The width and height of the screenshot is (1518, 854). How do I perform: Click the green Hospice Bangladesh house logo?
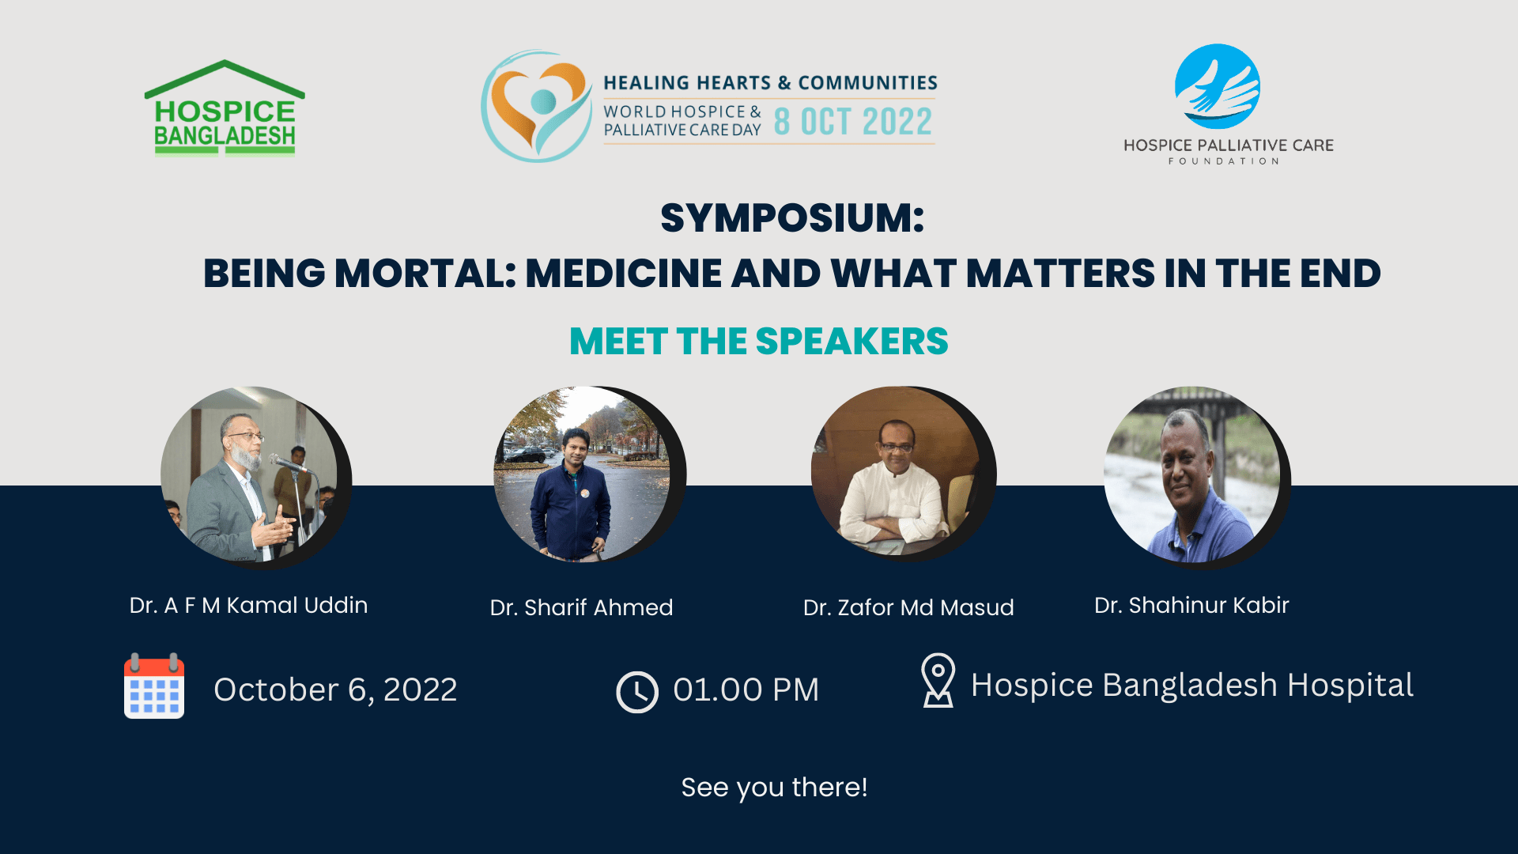tap(225, 108)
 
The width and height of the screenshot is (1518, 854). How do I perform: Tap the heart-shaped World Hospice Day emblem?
tap(537, 106)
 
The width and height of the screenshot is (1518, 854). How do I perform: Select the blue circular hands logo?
tap(1218, 86)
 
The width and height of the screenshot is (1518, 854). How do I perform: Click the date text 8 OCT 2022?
tap(853, 122)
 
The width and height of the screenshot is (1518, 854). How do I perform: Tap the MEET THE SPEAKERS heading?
tap(759, 342)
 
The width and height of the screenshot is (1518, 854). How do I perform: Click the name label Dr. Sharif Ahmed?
tap(581, 607)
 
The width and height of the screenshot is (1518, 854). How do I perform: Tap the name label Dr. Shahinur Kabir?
tap(1191, 605)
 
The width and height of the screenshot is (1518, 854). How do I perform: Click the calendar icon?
tap(154, 686)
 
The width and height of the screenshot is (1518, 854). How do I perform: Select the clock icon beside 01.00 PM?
tap(637, 692)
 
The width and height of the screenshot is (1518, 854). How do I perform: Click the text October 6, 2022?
tap(335, 690)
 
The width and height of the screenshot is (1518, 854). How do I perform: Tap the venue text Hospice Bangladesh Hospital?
tap(1191, 685)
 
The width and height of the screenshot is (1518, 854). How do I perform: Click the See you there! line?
tap(774, 788)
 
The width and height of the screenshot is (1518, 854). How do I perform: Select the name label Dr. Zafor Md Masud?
tap(908, 607)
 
